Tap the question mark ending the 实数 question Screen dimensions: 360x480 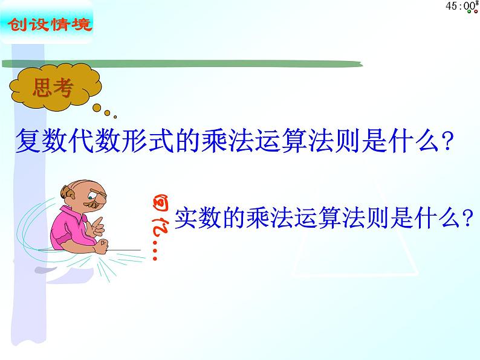[x=465, y=218]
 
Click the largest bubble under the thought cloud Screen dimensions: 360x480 [x=97, y=108]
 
